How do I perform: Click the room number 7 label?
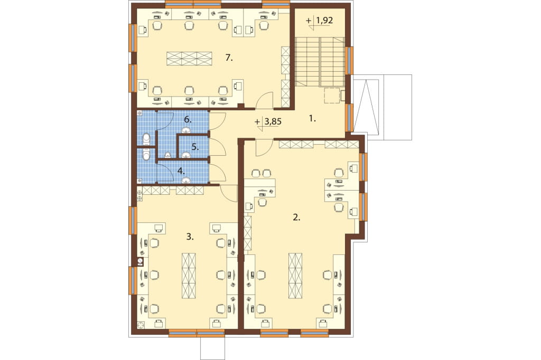[x=229, y=58]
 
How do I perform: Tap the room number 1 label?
[x=312, y=119]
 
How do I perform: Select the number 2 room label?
[x=297, y=217]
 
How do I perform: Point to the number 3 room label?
[x=190, y=236]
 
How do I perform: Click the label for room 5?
[x=195, y=147]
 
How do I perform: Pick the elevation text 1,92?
[x=324, y=21]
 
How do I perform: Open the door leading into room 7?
[x=265, y=100]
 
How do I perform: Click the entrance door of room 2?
[x=264, y=147]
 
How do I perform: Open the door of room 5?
[x=217, y=147]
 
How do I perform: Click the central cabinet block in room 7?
[x=189, y=59]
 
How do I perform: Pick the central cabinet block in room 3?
[x=189, y=276]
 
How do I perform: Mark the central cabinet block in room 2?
[x=295, y=276]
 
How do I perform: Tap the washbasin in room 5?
[x=186, y=155]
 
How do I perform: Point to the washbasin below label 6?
[x=186, y=130]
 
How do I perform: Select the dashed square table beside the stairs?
[x=332, y=95]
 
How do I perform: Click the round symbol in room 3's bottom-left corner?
[x=141, y=325]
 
